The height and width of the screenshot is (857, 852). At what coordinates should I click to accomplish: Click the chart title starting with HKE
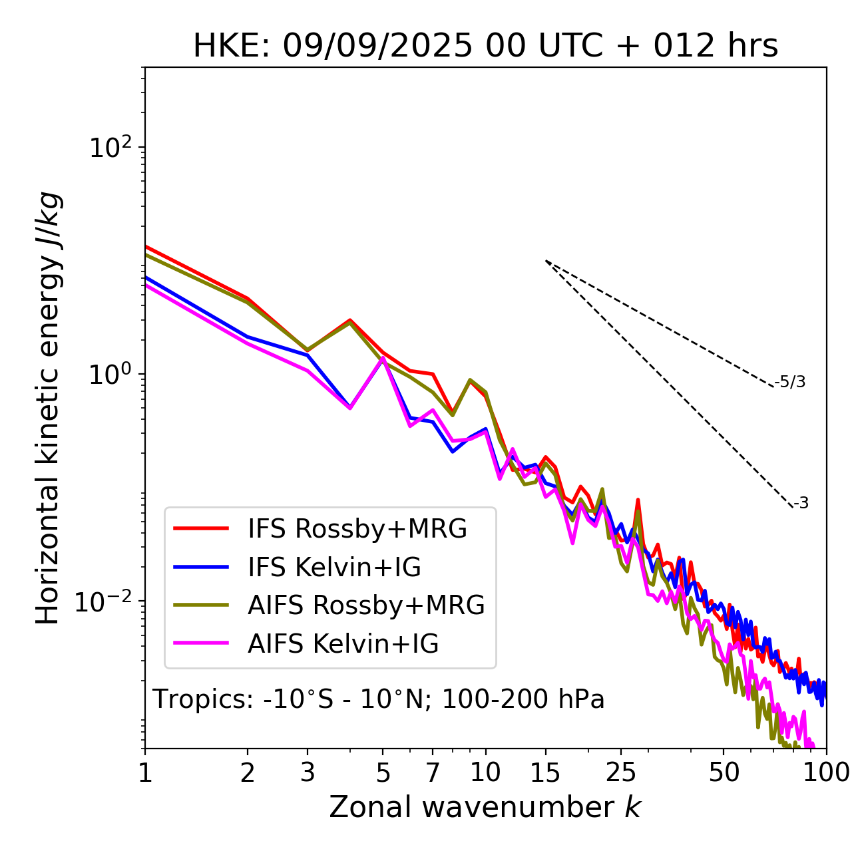click(x=485, y=47)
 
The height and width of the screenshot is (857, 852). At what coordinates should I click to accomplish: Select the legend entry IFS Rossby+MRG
click(x=357, y=529)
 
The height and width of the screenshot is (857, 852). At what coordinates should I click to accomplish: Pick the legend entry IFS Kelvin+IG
click(x=334, y=568)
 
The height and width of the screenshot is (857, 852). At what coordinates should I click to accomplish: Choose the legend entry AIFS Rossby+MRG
click(x=365, y=605)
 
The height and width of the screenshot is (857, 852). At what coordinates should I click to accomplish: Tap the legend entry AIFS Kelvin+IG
click(x=343, y=644)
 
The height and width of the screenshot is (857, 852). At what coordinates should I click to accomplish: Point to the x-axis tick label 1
click(x=145, y=772)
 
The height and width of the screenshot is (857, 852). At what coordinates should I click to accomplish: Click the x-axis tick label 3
click(x=308, y=772)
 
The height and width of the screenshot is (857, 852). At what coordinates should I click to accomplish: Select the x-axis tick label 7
click(x=433, y=772)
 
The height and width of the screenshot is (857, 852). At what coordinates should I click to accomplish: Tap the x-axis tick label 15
click(x=546, y=772)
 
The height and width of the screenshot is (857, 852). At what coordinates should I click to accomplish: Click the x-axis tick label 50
click(x=724, y=772)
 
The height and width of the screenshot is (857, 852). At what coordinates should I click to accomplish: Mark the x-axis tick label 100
click(x=826, y=772)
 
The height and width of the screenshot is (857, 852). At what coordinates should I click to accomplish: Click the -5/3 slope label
click(x=790, y=383)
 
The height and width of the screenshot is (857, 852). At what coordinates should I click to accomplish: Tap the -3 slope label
click(x=801, y=504)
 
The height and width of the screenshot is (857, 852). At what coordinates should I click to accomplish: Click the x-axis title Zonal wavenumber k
click(x=485, y=808)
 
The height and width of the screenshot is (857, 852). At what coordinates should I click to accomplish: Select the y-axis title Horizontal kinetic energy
click(x=48, y=408)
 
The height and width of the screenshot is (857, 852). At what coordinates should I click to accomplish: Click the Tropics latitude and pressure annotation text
click(x=379, y=699)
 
